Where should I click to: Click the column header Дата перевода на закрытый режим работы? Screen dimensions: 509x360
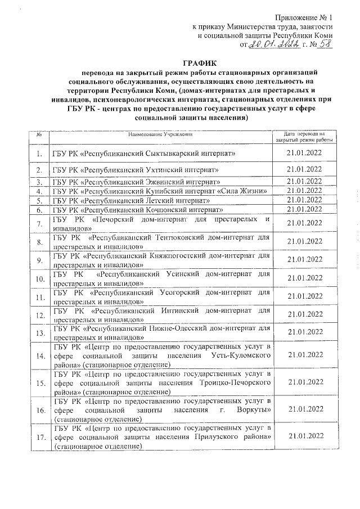(304, 137)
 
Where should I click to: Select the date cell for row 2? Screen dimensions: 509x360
(304, 169)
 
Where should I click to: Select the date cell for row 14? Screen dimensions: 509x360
(304, 355)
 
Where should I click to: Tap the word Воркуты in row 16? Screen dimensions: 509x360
(252, 411)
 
